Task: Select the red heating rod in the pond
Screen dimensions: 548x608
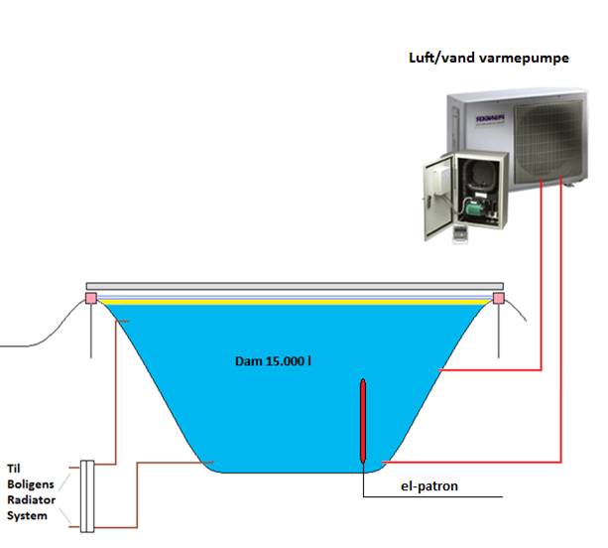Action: click(x=364, y=422)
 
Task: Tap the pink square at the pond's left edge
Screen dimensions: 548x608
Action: click(x=91, y=298)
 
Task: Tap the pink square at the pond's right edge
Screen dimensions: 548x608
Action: click(x=499, y=298)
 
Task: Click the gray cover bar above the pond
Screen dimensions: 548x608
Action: click(x=295, y=286)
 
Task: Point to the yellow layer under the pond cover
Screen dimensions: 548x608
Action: click(x=295, y=302)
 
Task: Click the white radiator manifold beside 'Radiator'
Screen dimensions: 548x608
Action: click(x=86, y=494)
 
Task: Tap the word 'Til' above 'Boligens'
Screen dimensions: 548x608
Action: click(x=15, y=468)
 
